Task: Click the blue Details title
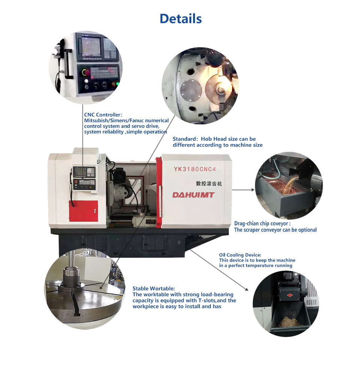tap(181, 19)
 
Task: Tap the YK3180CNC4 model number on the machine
tap(195, 169)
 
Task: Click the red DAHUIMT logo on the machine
tap(193, 195)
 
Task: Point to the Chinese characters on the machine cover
tap(209, 183)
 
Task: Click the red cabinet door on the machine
tap(84, 211)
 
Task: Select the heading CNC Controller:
tap(103, 115)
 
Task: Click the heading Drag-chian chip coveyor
tap(261, 223)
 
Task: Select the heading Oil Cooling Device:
tap(240, 255)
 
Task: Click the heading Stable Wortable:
tap(154, 288)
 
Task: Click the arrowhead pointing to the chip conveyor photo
tap(253, 189)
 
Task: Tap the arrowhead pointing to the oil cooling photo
tap(246, 289)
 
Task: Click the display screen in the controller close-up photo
tap(91, 45)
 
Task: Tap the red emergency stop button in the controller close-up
tap(86, 72)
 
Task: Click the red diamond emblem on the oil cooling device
tap(290, 295)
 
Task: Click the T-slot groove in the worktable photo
tap(75, 304)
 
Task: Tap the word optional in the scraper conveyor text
tap(307, 230)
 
